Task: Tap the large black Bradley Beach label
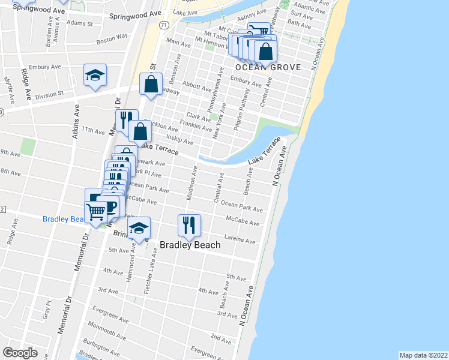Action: point(190,245)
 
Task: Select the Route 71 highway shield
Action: point(163,25)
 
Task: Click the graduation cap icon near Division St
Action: point(95,76)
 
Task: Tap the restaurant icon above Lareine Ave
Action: point(189,225)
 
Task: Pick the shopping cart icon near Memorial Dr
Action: point(96,211)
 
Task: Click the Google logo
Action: point(20,353)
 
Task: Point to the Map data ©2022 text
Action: point(423,355)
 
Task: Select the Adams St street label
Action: point(80,24)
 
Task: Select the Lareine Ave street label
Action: point(241,241)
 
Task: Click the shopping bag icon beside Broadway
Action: point(151,84)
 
